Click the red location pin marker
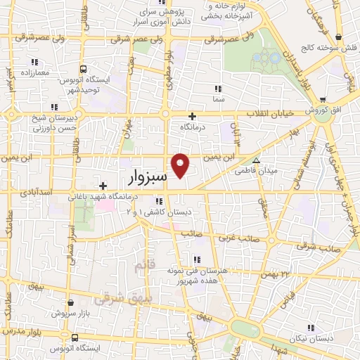(x=181, y=165)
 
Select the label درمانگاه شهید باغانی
(x=101, y=198)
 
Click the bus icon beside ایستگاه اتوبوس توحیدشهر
(x=83, y=69)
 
